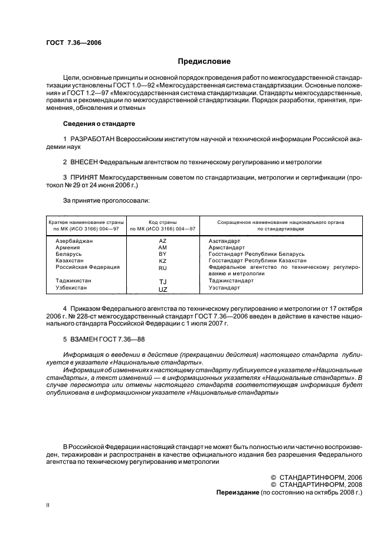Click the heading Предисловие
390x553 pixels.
[204, 61]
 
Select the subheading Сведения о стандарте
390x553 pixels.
[99, 124]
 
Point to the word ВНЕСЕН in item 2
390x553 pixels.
[83, 161]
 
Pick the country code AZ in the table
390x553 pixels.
[163, 241]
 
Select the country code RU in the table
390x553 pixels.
[163, 267]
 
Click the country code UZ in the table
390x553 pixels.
[163, 289]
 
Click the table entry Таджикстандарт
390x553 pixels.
[231, 281]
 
